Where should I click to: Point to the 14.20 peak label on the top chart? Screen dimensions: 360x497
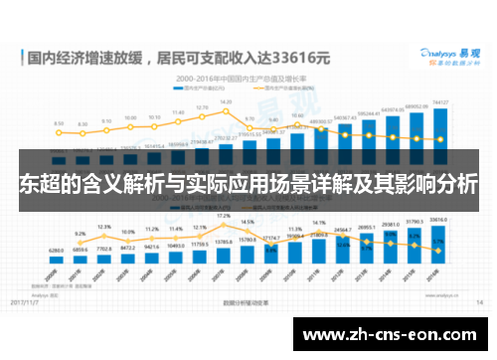pyautogui.click(x=227, y=101)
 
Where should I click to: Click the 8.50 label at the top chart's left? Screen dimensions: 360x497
pyautogui.click(x=58, y=124)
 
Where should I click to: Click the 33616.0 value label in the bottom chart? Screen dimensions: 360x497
pyautogui.click(x=438, y=220)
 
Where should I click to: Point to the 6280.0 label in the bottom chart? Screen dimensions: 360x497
pyautogui.click(x=56, y=250)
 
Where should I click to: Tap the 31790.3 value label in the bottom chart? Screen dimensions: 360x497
pyautogui.click(x=414, y=223)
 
